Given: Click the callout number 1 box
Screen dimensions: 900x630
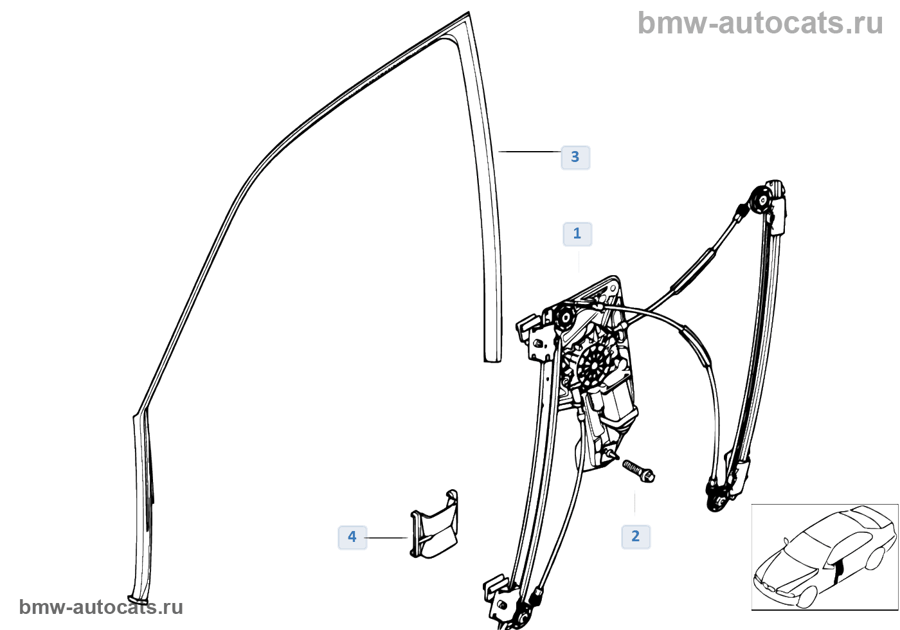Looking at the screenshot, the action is [577, 234].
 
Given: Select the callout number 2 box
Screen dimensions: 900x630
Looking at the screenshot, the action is [636, 536].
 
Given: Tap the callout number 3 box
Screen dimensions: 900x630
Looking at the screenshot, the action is [575, 157].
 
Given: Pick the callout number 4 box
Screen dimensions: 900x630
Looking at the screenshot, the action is [352, 537].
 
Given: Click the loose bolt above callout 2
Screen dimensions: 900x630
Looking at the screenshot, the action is [638, 471].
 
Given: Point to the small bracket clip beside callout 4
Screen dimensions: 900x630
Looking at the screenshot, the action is [434, 524].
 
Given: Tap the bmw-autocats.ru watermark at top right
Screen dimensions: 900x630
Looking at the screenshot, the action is [760, 23].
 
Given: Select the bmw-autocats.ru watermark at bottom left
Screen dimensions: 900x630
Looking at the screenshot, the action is [101, 607].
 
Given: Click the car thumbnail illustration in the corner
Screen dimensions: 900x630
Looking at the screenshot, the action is [825, 557].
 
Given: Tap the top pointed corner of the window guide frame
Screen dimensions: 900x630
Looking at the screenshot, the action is [469, 12].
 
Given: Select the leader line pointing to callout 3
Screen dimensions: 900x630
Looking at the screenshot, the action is [530, 152].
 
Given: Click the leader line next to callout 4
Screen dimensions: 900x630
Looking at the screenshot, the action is [386, 537].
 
